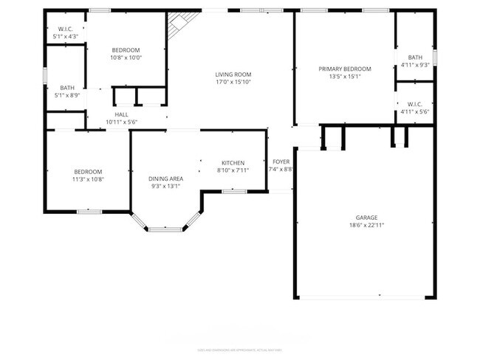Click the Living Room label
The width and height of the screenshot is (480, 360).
pos(233,74)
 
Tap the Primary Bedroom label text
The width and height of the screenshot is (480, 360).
pos(345,69)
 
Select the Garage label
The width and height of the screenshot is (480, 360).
pos(367,218)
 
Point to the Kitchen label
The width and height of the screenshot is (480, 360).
pos(233,163)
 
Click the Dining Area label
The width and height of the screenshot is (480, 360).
pos(165,179)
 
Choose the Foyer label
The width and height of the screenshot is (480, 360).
pos(281,162)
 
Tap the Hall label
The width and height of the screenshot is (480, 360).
pos(122,114)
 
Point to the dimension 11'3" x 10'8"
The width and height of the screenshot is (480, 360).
pos(88,179)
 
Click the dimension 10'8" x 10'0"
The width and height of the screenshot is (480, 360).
pos(126,58)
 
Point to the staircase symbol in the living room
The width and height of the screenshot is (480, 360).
pos(177,27)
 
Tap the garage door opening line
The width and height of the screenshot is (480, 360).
pos(362,297)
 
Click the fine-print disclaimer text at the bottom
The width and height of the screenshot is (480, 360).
pos(239,350)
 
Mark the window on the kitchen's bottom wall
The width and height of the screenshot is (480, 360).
pos(234,191)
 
